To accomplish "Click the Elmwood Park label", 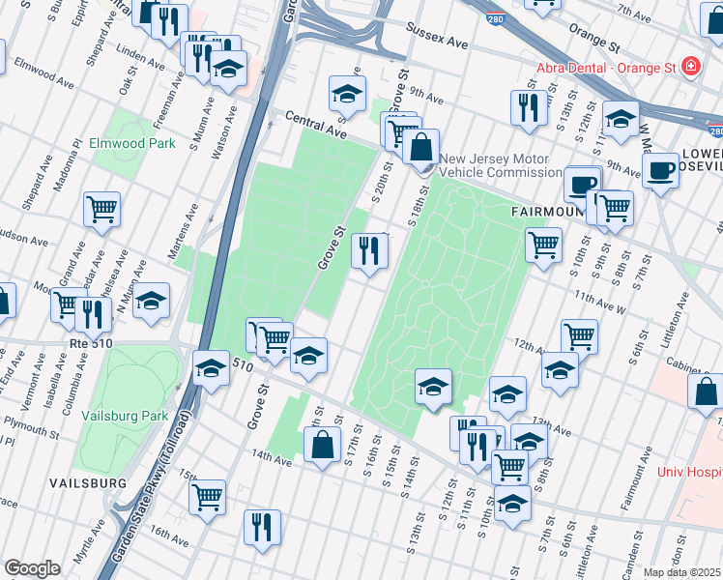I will pyautogui.click(x=126, y=142).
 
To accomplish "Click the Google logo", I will pyautogui.click(x=32, y=568).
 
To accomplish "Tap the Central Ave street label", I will pyautogui.click(x=315, y=123).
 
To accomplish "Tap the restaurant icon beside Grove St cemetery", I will pyautogui.click(x=369, y=251).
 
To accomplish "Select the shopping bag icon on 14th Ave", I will pyautogui.click(x=322, y=446).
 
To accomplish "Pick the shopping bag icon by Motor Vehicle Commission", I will pyautogui.click(x=421, y=148).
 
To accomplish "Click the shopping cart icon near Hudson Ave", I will pyautogui.click(x=101, y=209).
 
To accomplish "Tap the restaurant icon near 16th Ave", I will pyautogui.click(x=262, y=528).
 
